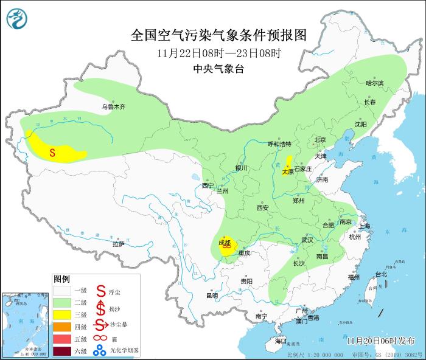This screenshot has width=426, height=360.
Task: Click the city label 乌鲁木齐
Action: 113,107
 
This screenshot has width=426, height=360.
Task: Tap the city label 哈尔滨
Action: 374,83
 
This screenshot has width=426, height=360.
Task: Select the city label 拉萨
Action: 118,244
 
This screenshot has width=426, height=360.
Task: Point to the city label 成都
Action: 224,243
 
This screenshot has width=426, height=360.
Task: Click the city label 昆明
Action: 211,296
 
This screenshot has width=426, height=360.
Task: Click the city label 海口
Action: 280,342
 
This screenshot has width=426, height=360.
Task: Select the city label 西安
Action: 262,207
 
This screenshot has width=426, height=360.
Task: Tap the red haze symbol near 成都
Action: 227,249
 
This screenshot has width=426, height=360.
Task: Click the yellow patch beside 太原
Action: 286,164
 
